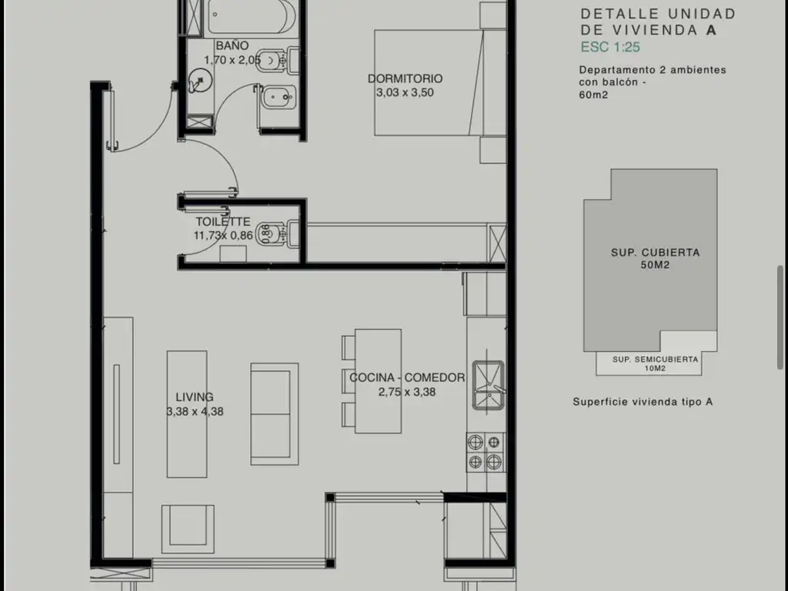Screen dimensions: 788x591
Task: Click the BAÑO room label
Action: click(232, 45)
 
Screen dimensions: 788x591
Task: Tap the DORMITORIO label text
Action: click(405, 78)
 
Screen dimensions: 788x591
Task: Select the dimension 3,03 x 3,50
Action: click(405, 92)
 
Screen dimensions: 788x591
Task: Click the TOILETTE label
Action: click(223, 222)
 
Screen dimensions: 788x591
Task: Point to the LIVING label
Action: click(195, 397)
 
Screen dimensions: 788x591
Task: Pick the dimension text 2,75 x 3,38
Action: click(407, 392)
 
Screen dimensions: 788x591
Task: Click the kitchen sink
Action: click(488, 385)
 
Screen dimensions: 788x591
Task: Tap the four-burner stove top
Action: click(485, 452)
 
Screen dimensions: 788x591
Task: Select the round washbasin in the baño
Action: click(200, 82)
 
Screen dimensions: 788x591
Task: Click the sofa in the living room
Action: click(275, 414)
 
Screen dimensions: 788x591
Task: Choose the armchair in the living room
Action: click(188, 529)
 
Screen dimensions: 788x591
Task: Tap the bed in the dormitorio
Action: click(440, 83)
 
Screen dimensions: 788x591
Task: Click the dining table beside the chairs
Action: click(378, 381)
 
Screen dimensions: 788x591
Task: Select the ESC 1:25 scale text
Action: click(610, 47)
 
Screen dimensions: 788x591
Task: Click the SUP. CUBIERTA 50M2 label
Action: click(656, 259)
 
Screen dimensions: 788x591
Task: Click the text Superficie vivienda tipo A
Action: click(643, 402)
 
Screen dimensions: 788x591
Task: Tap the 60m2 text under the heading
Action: click(593, 95)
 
